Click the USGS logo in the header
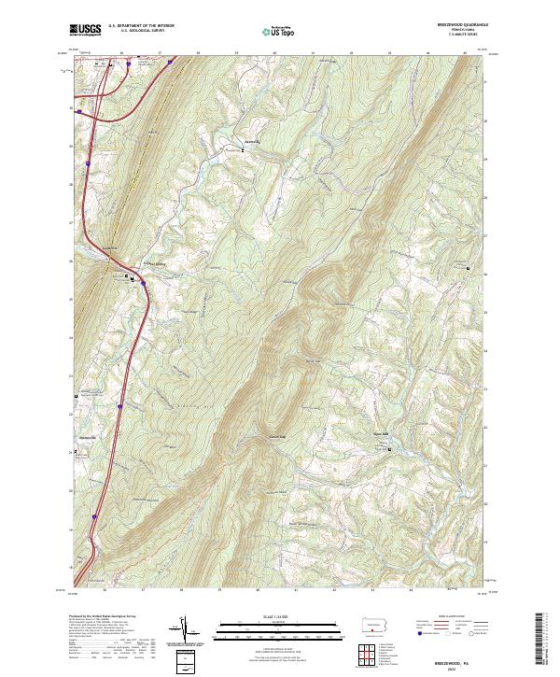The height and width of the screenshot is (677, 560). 86,31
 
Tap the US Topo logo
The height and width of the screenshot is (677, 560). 279,31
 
